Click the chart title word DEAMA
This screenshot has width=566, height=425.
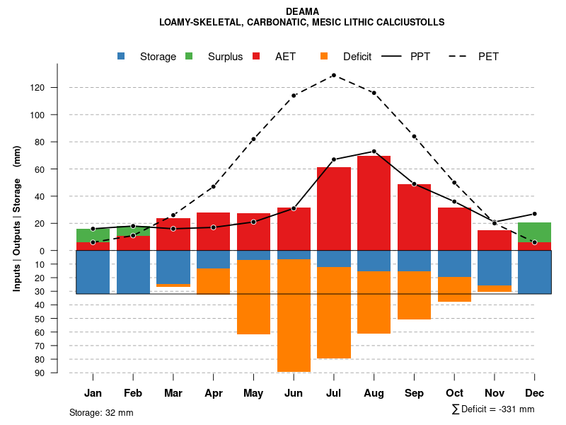[x=302, y=11]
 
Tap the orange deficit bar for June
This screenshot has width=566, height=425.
[x=294, y=315]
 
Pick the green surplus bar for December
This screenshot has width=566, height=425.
[x=535, y=232]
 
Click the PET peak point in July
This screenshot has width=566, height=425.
[x=333, y=75]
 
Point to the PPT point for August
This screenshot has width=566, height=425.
[x=374, y=151]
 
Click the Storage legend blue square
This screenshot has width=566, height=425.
[x=122, y=56]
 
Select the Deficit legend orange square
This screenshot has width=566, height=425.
[x=325, y=56]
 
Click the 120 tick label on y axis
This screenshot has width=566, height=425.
[x=57, y=88]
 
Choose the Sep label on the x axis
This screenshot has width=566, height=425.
[x=414, y=393]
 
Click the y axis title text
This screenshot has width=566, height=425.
[x=17, y=218]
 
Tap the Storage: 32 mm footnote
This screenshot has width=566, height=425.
[x=101, y=412]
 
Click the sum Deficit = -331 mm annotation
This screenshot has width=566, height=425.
[x=492, y=409]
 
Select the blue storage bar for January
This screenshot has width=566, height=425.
[x=93, y=272]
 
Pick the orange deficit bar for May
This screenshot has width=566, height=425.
[x=253, y=297]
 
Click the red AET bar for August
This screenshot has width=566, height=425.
[x=374, y=212]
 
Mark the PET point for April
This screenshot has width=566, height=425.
[x=213, y=186]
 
